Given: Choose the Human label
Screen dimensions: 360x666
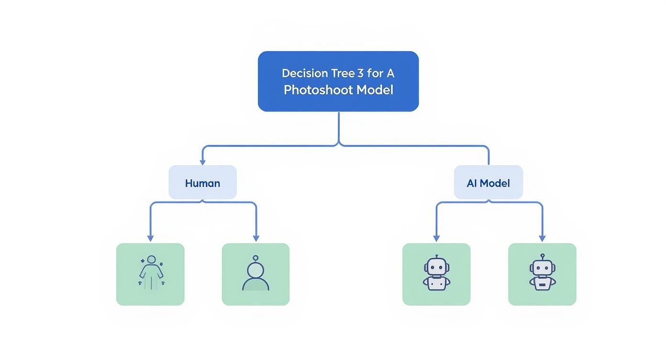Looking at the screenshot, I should point(202,183).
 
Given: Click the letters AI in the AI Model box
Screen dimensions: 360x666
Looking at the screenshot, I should point(472,183).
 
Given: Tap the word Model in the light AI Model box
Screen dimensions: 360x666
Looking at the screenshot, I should point(495,183).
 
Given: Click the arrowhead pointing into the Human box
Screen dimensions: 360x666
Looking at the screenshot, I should point(202,162).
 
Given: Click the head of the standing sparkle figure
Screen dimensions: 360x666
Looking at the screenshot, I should point(151,259).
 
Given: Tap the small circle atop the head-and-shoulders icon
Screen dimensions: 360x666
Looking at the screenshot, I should point(255,258).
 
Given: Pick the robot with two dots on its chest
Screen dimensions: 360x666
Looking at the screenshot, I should point(436,274).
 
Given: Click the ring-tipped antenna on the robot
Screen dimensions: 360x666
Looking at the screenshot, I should point(542,256).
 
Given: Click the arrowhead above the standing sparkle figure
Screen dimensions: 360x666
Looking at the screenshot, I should point(150,238).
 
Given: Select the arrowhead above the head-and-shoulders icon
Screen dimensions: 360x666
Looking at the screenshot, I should point(256,238).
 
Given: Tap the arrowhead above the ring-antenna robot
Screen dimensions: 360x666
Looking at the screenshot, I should point(542,238).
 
